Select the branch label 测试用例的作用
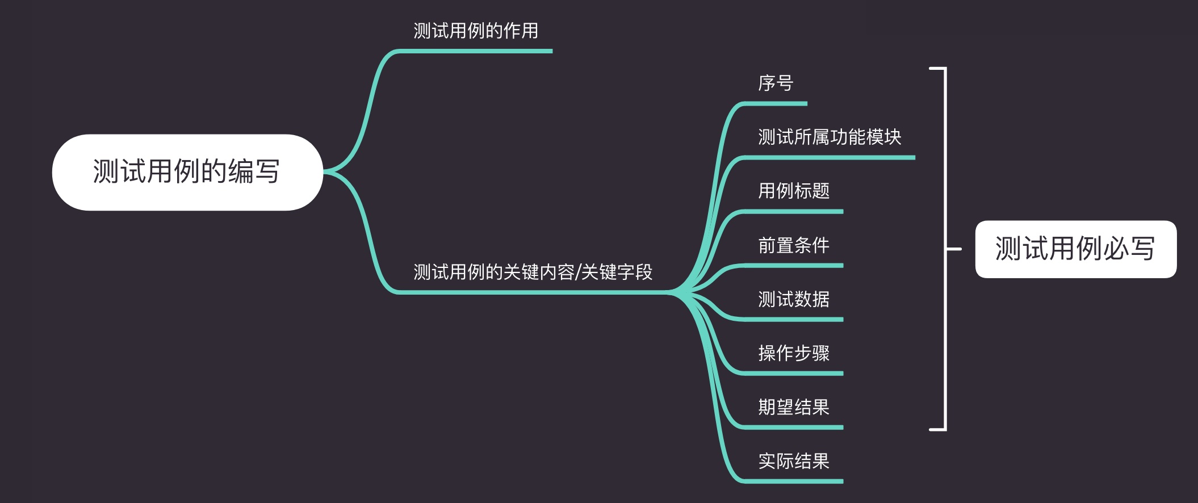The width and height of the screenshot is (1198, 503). [x=476, y=31]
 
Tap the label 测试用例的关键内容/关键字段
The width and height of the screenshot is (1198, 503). [x=533, y=272]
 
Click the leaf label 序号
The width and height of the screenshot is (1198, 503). [x=776, y=83]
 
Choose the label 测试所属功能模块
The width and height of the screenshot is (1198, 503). [x=830, y=137]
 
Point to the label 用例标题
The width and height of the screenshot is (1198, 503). [x=794, y=191]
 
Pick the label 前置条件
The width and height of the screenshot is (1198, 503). [x=794, y=245]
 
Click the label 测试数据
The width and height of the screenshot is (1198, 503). [x=794, y=299]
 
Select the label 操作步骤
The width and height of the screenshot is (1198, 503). [x=794, y=353]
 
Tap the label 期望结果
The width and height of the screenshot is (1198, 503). [x=794, y=407]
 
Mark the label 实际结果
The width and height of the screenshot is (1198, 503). [x=794, y=461]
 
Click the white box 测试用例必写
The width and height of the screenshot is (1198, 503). [x=1075, y=249]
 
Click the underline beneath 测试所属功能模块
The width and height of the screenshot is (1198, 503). [x=830, y=158]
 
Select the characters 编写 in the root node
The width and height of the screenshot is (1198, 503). [x=254, y=172]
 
